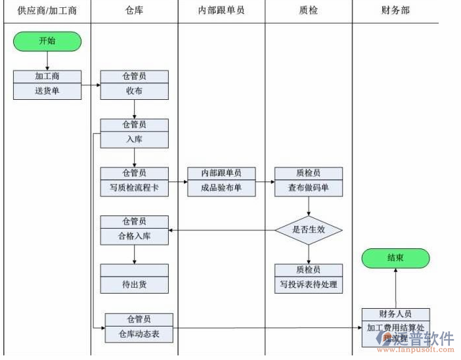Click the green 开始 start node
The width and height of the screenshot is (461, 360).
pyautogui.click(x=47, y=41)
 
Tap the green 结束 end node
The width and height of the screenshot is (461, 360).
pyautogui.click(x=395, y=258)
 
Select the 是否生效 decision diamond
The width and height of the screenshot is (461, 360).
pyautogui.click(x=309, y=230)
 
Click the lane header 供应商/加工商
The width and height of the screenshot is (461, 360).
pyautogui.click(x=47, y=11)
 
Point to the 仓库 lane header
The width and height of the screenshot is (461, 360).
pyautogui.click(x=134, y=11)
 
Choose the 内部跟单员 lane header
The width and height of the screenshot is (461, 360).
pyautogui.click(x=221, y=11)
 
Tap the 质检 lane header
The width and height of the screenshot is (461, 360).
pyautogui.click(x=308, y=11)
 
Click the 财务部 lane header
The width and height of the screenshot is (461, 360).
pyautogui.click(x=395, y=11)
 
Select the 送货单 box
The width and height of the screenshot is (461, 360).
pyautogui.click(x=47, y=91)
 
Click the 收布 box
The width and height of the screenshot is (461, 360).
pyautogui.click(x=134, y=91)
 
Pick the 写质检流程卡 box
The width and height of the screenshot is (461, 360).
pyautogui.click(x=134, y=187)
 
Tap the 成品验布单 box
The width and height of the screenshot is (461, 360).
pyautogui.click(x=221, y=187)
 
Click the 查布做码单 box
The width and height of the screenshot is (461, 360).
pyautogui.click(x=309, y=187)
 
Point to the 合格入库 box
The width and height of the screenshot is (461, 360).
pyautogui.click(x=134, y=236)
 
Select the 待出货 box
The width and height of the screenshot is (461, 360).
pyautogui.click(x=134, y=284)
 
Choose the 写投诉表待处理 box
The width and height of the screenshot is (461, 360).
pyautogui.click(x=309, y=284)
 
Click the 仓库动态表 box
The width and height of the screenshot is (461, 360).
pyautogui.click(x=139, y=334)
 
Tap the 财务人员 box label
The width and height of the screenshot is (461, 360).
pyautogui.click(x=395, y=314)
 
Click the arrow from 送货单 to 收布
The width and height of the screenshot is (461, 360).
pyautogui.click(x=91, y=85)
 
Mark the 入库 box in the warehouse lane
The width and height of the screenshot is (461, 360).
pyautogui.click(x=134, y=139)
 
